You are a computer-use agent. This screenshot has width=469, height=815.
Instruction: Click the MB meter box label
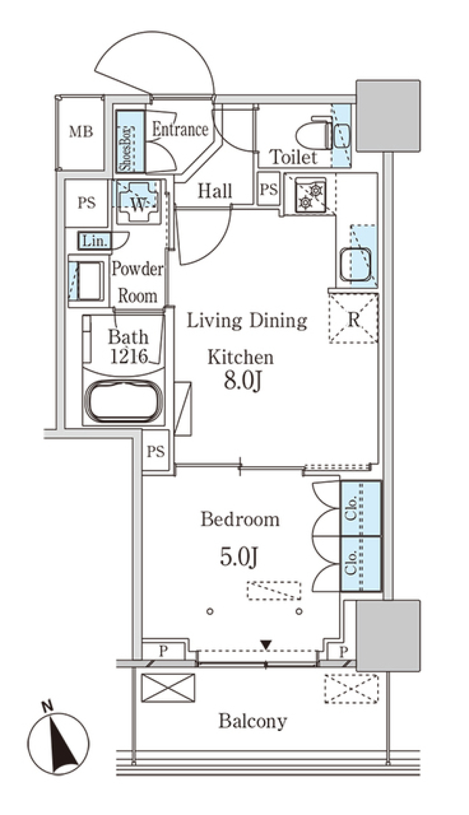pyautogui.click(x=81, y=132)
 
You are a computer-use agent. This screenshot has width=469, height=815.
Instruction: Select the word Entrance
pyautogui.click(x=180, y=129)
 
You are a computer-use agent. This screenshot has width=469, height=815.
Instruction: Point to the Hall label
pyautogui.click(x=214, y=191)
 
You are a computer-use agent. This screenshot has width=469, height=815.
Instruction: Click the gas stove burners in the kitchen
pyautogui.click(x=310, y=196)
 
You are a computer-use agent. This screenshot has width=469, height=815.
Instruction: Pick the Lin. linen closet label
pyautogui.click(x=95, y=241)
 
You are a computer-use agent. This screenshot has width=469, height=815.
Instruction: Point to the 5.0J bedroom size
pyautogui.click(x=238, y=556)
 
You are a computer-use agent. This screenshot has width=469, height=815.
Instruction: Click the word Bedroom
pyautogui.click(x=240, y=519)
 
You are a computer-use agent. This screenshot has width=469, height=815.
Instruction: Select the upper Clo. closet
pyautogui.click(x=361, y=509)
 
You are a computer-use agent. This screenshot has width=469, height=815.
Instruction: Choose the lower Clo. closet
pyautogui.click(x=361, y=564)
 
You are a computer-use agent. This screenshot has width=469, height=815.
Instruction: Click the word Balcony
pyautogui.click(x=253, y=721)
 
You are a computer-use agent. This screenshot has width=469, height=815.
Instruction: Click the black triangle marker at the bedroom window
pyautogui.click(x=266, y=645)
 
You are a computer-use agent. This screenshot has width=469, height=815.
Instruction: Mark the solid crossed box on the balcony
pyautogui.click(x=168, y=688)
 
